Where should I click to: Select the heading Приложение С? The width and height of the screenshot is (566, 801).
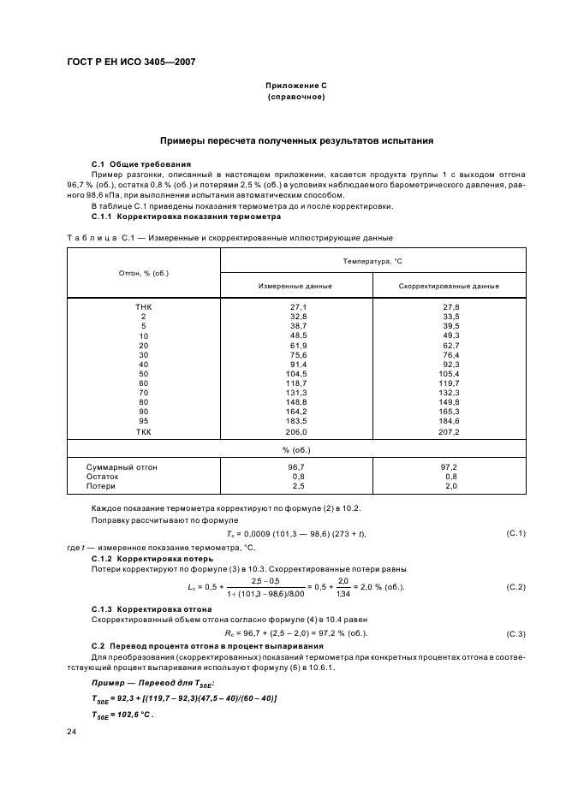point(295,87)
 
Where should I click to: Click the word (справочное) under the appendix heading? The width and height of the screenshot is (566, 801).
point(295,98)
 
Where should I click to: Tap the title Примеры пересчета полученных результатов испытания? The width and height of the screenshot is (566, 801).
point(295,139)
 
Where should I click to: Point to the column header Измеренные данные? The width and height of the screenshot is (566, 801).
point(295,286)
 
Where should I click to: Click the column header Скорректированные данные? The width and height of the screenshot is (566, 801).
point(449,286)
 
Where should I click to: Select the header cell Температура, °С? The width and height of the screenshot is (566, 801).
point(372,259)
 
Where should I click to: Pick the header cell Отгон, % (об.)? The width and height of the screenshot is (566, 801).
point(143,273)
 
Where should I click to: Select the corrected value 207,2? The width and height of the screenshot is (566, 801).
point(450,432)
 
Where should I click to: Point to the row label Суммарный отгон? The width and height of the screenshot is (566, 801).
point(122,467)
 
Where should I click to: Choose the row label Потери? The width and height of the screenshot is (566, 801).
point(101,486)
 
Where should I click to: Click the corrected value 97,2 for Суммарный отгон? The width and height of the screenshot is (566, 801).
point(450,467)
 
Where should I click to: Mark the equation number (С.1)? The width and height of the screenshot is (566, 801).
point(515,534)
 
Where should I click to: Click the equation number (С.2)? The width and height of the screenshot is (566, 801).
point(515,587)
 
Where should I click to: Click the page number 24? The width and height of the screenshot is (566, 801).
point(71,732)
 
